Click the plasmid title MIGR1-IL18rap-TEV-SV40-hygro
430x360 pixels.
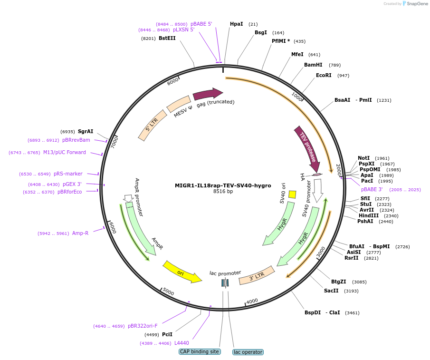tap(223, 185)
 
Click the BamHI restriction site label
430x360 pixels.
tap(313, 65)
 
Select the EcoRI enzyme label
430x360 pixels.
tap(324, 75)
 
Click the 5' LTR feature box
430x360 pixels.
tap(153, 126)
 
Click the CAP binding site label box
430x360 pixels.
tap(200, 351)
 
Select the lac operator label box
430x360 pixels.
tap(248, 352)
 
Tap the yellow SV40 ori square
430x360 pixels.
tap(292, 194)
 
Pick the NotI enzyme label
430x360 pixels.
tap(363, 158)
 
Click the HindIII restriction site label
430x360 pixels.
tap(369, 215)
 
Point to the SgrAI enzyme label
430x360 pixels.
tap(86, 131)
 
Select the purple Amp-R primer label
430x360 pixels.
tap(80, 233)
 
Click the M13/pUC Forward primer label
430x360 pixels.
tap(65, 152)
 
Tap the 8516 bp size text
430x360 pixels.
tap(223, 192)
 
